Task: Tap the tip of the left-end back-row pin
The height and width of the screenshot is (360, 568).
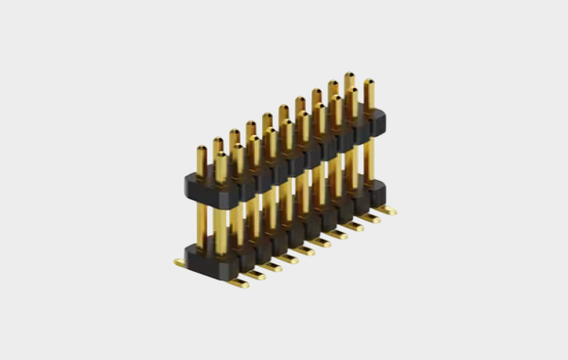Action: pos(202,150)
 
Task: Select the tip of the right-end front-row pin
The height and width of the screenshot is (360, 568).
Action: pos(368,83)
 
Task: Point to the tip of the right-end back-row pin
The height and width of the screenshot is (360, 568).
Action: pos(349,76)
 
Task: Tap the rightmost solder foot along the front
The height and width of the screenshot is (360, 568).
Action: pos(388,211)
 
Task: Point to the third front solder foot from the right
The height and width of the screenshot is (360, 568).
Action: pos(356,227)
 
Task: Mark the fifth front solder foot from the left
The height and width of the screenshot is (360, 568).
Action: pos(307,251)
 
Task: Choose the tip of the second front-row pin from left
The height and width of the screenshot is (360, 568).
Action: pos(238,149)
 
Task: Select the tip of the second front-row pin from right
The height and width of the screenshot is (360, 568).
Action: pos(352,92)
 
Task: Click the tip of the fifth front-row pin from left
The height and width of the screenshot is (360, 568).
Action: pos(287,124)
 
